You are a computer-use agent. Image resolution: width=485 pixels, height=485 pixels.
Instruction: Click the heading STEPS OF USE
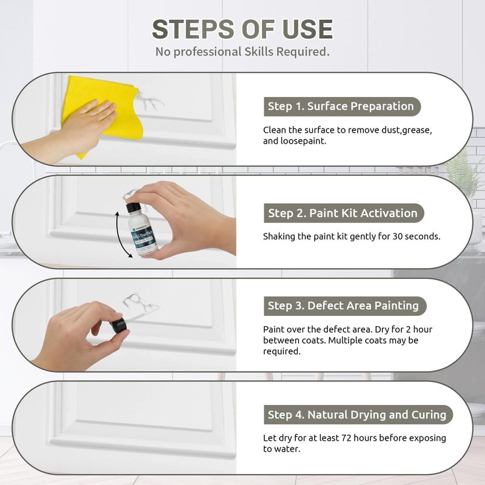click(242, 29)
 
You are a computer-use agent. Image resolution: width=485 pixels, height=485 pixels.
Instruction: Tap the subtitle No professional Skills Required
click(242, 52)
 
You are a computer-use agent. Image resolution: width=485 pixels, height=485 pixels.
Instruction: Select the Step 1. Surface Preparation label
click(342, 107)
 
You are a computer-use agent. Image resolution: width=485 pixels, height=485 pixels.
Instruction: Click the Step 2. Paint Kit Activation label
click(343, 213)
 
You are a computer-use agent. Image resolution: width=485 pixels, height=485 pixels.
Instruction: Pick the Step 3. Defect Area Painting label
click(344, 306)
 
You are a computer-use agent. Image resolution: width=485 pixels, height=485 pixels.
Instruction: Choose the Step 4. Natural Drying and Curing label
click(358, 415)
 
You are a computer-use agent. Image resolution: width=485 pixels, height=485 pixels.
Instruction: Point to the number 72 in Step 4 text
click(346, 438)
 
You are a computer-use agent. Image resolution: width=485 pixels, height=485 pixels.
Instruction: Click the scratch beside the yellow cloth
click(149, 101)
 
